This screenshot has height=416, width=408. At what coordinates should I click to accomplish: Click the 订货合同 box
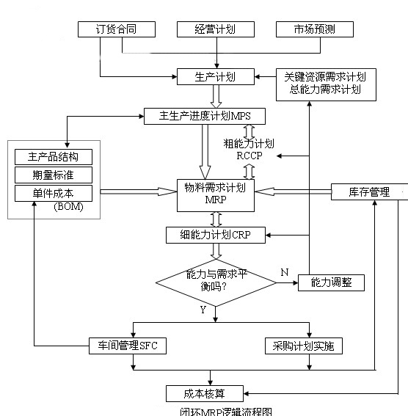tap(116, 29)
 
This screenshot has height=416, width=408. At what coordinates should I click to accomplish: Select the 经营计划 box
tap(215, 29)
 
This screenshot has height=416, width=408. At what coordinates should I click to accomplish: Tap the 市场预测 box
tap(314, 29)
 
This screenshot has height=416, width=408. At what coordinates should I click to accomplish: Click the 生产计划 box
tap(215, 76)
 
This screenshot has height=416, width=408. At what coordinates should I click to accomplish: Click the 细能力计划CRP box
tap(215, 235)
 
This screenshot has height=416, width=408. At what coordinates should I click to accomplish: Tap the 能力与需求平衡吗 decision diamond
tap(216, 280)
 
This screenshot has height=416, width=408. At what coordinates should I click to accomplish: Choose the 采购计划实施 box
tap(302, 345)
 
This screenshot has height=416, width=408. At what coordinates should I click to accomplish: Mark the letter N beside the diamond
tap(284, 272)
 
